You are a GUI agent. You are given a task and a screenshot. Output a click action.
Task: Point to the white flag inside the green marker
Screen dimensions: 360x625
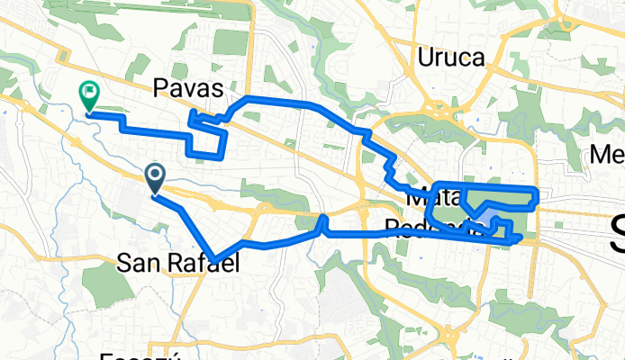89,90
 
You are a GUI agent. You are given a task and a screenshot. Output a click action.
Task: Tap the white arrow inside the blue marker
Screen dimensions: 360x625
155,175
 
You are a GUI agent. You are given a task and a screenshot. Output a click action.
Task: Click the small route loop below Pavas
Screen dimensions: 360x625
207,135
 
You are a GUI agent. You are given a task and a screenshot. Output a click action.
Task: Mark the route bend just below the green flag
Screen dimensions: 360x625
89,114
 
